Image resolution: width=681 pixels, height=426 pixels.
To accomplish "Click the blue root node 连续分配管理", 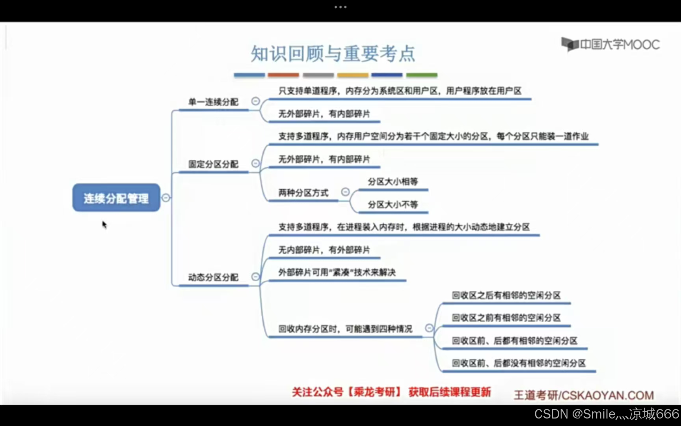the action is pyautogui.click(x=116, y=198).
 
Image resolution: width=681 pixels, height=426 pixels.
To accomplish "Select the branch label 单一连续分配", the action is pyautogui.click(x=213, y=102).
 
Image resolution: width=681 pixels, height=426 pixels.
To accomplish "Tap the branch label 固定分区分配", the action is pyautogui.click(x=213, y=164).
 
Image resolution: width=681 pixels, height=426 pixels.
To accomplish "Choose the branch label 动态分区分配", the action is pyautogui.click(x=213, y=277).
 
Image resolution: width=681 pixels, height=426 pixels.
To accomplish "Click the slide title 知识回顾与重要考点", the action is pyautogui.click(x=333, y=54).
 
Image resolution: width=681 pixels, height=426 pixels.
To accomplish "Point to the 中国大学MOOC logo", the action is pyautogui.click(x=610, y=44).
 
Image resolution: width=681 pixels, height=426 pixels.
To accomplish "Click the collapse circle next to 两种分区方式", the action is pyautogui.click(x=345, y=192).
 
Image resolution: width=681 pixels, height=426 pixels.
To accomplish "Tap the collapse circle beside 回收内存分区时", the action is pyautogui.click(x=429, y=328).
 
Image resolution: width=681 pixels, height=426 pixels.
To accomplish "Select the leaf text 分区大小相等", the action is pyautogui.click(x=393, y=182).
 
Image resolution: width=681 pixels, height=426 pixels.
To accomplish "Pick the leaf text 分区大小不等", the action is pyautogui.click(x=393, y=204).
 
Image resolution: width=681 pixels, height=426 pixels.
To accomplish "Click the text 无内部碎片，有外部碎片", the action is pyautogui.click(x=324, y=250).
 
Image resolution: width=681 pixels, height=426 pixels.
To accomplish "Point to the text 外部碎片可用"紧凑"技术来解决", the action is pyautogui.click(x=337, y=273).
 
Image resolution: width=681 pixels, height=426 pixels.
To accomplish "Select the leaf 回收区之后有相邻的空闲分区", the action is pyautogui.click(x=506, y=295).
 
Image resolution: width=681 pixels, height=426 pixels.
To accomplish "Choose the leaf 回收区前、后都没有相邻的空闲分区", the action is pyautogui.click(x=518, y=363).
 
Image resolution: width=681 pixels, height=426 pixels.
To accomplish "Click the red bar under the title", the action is pyautogui.click(x=283, y=75).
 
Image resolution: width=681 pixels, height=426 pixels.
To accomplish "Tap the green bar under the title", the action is pyautogui.click(x=422, y=75).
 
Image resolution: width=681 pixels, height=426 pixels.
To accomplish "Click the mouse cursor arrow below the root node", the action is pyautogui.click(x=104, y=224).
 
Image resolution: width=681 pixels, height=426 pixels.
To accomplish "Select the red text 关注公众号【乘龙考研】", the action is pyautogui.click(x=347, y=392).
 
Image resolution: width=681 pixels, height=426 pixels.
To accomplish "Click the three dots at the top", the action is pyautogui.click(x=340, y=7).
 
